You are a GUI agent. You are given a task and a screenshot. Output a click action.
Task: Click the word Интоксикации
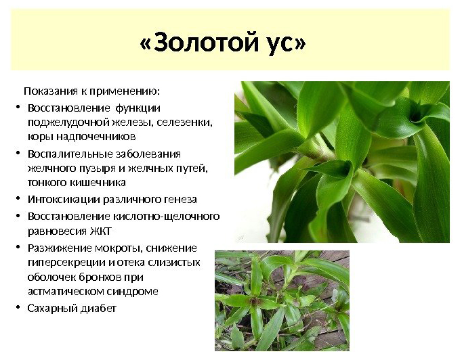pyautogui.click(x=62, y=200)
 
